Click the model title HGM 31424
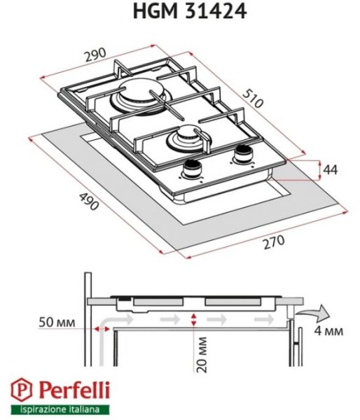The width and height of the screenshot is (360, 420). (181, 11)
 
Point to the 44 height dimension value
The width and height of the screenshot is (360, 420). (329, 169)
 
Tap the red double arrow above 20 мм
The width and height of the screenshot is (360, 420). (194, 319)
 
